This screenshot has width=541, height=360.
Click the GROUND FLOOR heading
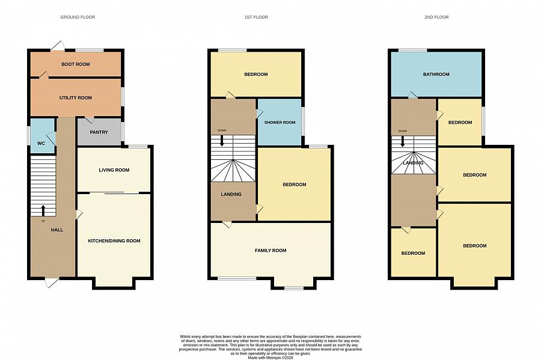click(78, 17)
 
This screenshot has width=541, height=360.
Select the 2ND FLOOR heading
click(436, 17)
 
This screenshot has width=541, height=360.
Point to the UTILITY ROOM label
click(76, 97)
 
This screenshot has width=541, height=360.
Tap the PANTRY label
click(98, 132)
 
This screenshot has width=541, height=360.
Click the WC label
click(41, 143)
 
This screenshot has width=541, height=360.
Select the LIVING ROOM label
click(114, 170)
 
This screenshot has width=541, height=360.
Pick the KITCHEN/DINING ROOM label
click(114, 241)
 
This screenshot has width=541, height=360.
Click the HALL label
click(57, 230)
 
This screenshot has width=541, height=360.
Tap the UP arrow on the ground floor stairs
click(43, 210)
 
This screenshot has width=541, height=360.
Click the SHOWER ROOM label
click(280, 123)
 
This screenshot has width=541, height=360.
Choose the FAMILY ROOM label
click(270, 250)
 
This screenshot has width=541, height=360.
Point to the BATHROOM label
click(436, 75)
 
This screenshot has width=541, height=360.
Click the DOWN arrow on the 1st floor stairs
click(222, 140)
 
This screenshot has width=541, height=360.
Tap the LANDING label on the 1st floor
click(231, 194)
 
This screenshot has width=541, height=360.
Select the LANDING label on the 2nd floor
click(414, 163)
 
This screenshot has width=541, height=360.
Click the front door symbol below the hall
click(52, 282)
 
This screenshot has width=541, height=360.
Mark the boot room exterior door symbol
click(58, 46)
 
